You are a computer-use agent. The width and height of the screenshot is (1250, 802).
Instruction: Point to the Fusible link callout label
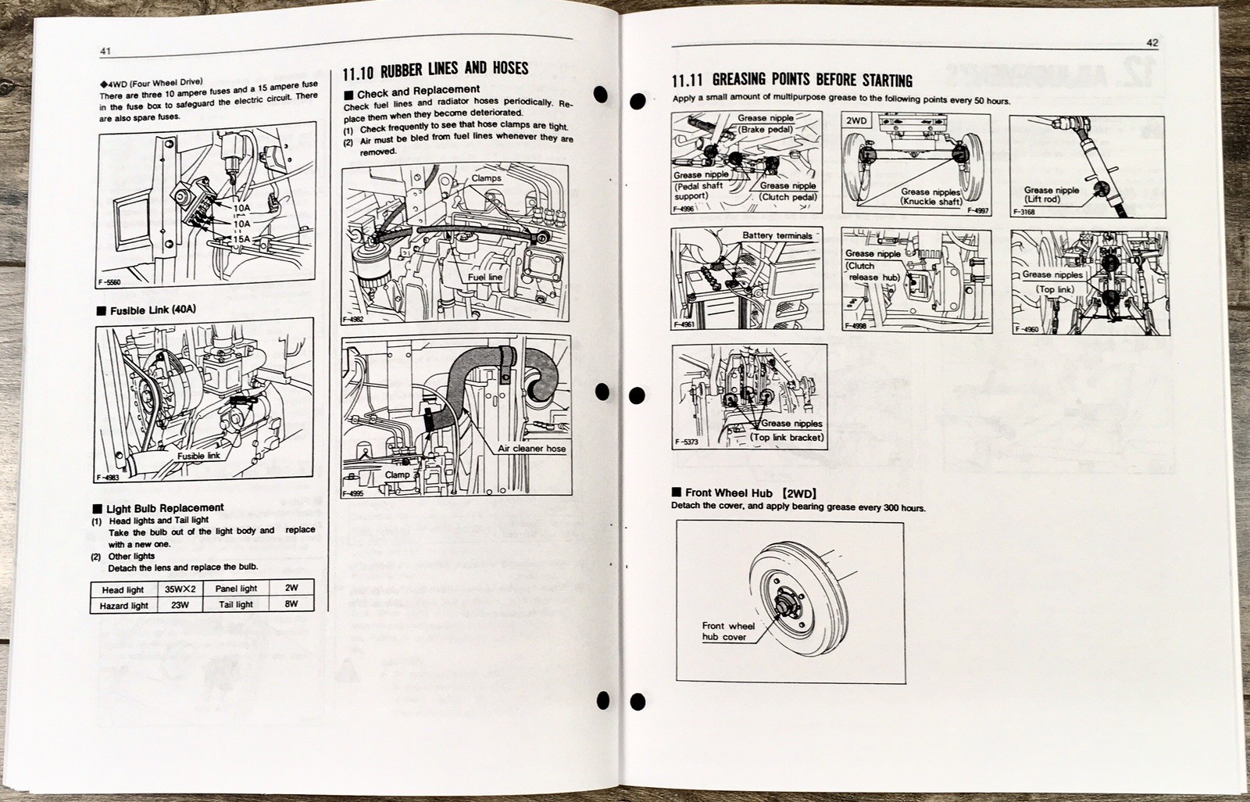coord(198,455)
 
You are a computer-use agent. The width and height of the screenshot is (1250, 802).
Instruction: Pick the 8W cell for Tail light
coord(291,603)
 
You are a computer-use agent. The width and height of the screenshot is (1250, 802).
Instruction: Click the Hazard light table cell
coord(123,605)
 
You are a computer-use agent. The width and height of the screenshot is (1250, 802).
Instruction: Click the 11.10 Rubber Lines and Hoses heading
coord(435,70)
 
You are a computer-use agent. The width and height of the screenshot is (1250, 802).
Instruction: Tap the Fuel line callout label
coord(484,277)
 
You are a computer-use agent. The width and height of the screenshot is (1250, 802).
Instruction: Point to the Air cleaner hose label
coord(531,449)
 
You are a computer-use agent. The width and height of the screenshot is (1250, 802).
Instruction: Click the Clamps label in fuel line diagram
coord(487,179)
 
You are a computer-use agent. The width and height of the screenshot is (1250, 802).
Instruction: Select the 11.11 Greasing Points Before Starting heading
coord(791,81)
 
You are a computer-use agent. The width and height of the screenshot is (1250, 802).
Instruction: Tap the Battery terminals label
coord(777,235)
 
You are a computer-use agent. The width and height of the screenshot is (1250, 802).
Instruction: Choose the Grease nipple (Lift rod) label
coord(1052,195)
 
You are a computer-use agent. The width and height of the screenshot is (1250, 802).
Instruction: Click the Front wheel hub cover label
coord(727,631)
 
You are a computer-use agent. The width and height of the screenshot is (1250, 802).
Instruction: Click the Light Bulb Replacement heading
coord(165,507)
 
